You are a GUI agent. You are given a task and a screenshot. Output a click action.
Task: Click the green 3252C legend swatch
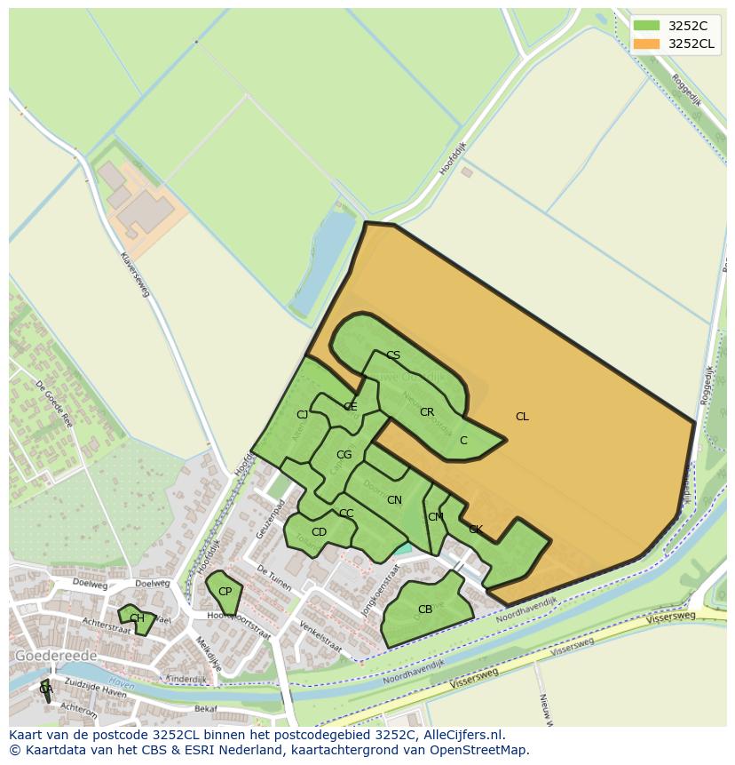point(647,26)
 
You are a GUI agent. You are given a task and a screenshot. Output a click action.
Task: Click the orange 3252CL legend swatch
point(647,44)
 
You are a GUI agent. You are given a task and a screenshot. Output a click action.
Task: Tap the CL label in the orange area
point(522,417)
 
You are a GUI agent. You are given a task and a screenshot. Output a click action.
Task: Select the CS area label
point(393,355)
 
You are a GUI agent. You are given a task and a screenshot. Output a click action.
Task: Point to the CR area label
point(427,412)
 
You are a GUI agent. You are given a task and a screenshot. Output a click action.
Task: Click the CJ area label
point(302,415)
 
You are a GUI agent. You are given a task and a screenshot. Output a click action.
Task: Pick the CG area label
point(344,455)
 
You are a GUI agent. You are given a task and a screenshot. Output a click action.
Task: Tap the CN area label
point(394,501)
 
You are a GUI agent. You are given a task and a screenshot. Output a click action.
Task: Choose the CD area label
point(319,532)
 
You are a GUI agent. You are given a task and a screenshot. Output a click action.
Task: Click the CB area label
point(424,610)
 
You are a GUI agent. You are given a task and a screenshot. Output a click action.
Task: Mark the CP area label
point(225,592)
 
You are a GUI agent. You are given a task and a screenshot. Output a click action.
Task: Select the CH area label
point(137,618)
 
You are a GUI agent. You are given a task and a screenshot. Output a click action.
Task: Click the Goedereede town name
point(56,656)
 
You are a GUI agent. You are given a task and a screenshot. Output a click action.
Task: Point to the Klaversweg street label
point(134,272)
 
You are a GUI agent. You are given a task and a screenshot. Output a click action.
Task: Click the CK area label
point(476,530)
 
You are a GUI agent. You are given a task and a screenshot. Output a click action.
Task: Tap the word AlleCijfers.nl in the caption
point(461,735)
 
